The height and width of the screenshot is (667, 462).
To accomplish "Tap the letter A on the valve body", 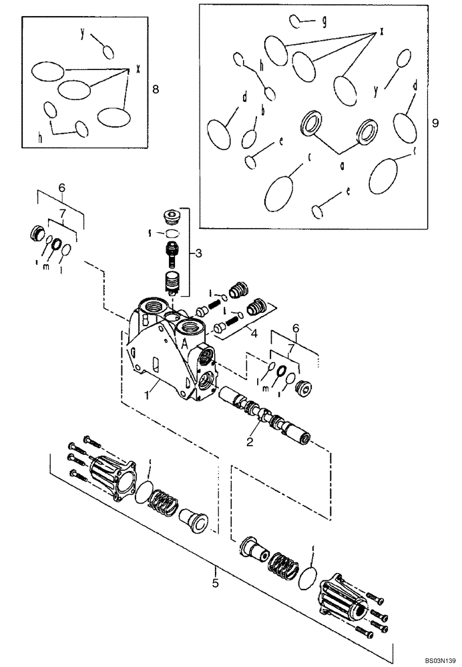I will pos(182,343).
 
